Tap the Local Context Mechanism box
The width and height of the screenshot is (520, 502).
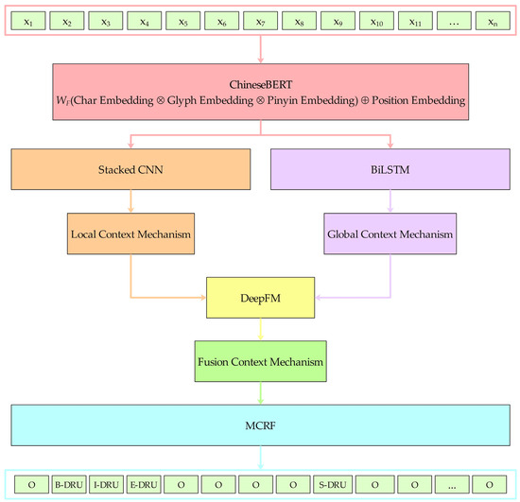pos(131,232)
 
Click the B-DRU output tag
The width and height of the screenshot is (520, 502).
pos(70,485)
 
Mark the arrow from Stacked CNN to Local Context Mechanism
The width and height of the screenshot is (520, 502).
pos(131,200)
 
